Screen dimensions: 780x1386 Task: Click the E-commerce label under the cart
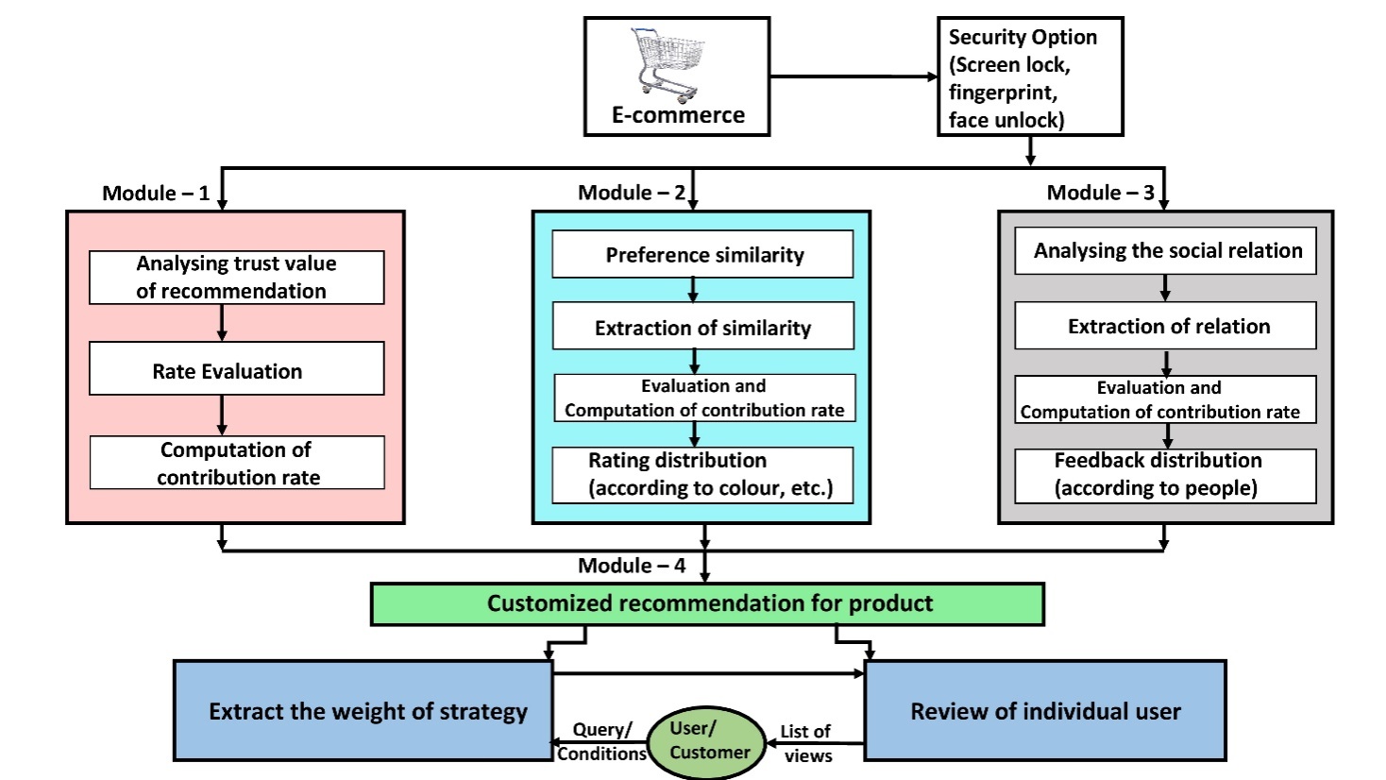678,115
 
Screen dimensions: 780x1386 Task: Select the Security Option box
1029,76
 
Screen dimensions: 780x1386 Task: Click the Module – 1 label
156,194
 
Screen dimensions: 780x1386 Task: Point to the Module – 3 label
1100,194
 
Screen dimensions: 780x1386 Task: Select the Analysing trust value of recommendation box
236,278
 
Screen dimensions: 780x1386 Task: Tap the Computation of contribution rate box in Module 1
236,463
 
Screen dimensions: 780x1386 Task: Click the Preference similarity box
702,255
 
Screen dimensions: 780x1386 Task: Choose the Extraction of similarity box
702,327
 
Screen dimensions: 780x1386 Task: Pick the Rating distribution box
702,474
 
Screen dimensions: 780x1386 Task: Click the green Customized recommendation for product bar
707,603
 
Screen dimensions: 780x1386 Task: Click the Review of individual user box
1044,711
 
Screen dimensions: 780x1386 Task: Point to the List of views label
806,743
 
